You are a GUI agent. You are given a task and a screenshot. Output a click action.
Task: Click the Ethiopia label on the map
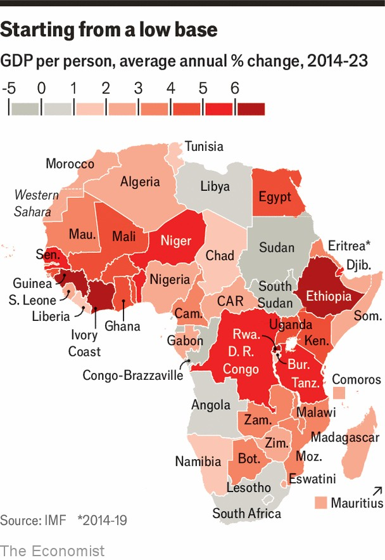329,296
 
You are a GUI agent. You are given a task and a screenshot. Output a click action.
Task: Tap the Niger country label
175,241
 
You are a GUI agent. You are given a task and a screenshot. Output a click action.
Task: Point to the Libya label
215,187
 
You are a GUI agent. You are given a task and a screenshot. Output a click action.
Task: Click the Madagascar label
344,438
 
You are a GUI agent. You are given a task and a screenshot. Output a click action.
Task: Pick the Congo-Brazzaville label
132,375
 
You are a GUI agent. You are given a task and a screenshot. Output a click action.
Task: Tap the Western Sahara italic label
36,204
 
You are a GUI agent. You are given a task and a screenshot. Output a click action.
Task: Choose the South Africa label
246,513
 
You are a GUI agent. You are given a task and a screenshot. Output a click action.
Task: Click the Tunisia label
204,147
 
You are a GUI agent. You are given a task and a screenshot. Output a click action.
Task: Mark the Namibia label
198,461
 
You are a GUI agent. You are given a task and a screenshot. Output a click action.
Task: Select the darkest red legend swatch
250,108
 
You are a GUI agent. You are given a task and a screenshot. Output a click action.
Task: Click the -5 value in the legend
9,89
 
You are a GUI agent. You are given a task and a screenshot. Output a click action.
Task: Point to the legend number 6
235,89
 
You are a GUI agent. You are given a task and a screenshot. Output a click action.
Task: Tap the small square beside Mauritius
320,503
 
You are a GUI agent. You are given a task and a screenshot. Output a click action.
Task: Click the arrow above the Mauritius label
377,490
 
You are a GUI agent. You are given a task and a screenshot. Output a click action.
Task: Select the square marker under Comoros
340,394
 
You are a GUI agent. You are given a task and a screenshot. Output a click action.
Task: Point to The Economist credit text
53,549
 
